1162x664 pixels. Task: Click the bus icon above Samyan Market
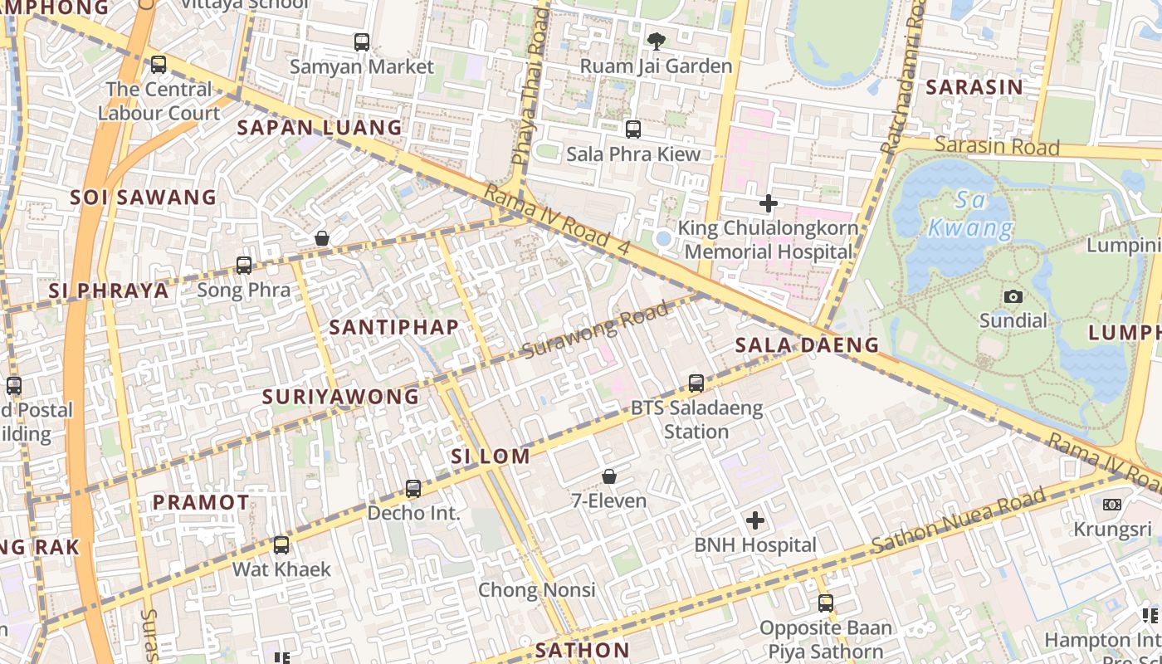[x=361, y=41]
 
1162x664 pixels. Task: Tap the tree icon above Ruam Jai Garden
[x=656, y=41]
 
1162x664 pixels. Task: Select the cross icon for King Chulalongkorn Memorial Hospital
[x=769, y=203]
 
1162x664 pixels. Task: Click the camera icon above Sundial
[x=1013, y=296]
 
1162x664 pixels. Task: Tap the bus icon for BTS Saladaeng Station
[x=696, y=383]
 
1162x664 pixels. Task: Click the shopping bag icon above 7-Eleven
[x=608, y=476]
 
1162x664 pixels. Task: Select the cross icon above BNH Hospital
[x=754, y=520]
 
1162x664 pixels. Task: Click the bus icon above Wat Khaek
[x=281, y=545]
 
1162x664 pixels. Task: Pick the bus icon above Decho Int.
[x=413, y=489]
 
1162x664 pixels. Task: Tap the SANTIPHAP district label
[x=393, y=327]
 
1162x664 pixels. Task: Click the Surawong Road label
[x=595, y=331]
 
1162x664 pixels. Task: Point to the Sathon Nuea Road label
[x=958, y=522]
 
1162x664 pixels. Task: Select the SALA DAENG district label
[x=807, y=345]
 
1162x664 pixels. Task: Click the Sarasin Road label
[x=997, y=146]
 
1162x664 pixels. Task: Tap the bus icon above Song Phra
[x=243, y=266]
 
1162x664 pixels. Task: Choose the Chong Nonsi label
[x=536, y=590]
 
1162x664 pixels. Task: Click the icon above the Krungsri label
[x=1111, y=505]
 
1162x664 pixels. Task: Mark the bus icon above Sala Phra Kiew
[x=632, y=129]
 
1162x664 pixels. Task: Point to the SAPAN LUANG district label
[x=320, y=128]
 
